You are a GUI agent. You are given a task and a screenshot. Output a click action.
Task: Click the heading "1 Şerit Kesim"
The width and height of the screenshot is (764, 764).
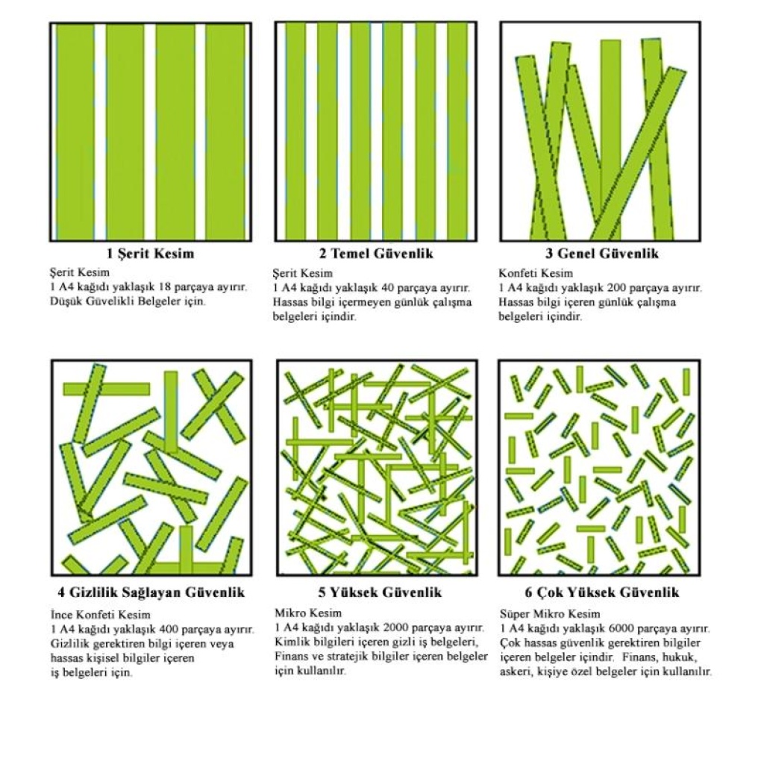[151, 254]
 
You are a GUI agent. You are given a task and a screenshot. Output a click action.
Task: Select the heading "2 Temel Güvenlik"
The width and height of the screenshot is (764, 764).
[376, 254]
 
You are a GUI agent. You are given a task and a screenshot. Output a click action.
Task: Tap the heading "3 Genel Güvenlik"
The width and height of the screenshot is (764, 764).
[602, 254]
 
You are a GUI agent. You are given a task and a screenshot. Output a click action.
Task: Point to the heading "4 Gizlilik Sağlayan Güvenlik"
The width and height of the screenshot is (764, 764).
[151, 592]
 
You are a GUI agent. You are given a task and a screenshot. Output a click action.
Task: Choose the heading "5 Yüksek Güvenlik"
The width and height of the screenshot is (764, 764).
[380, 592]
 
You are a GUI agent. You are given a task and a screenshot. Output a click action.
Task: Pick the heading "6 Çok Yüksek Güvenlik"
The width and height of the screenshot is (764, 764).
[602, 592]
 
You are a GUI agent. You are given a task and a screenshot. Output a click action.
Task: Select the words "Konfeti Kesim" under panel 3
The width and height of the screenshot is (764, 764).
[536, 273]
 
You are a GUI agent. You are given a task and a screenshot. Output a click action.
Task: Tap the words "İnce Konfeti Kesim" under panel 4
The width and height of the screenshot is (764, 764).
[101, 615]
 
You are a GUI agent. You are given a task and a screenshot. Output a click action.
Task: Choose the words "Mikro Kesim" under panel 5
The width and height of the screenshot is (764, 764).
[308, 613]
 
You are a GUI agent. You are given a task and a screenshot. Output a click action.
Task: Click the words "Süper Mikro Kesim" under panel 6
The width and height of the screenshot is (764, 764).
[550, 614]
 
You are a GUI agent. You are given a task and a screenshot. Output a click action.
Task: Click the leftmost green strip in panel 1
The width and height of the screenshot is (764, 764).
[75, 131]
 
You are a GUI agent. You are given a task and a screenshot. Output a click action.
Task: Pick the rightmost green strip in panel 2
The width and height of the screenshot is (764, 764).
[458, 131]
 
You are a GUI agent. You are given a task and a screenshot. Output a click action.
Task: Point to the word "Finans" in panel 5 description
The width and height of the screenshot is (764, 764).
[292, 657]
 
